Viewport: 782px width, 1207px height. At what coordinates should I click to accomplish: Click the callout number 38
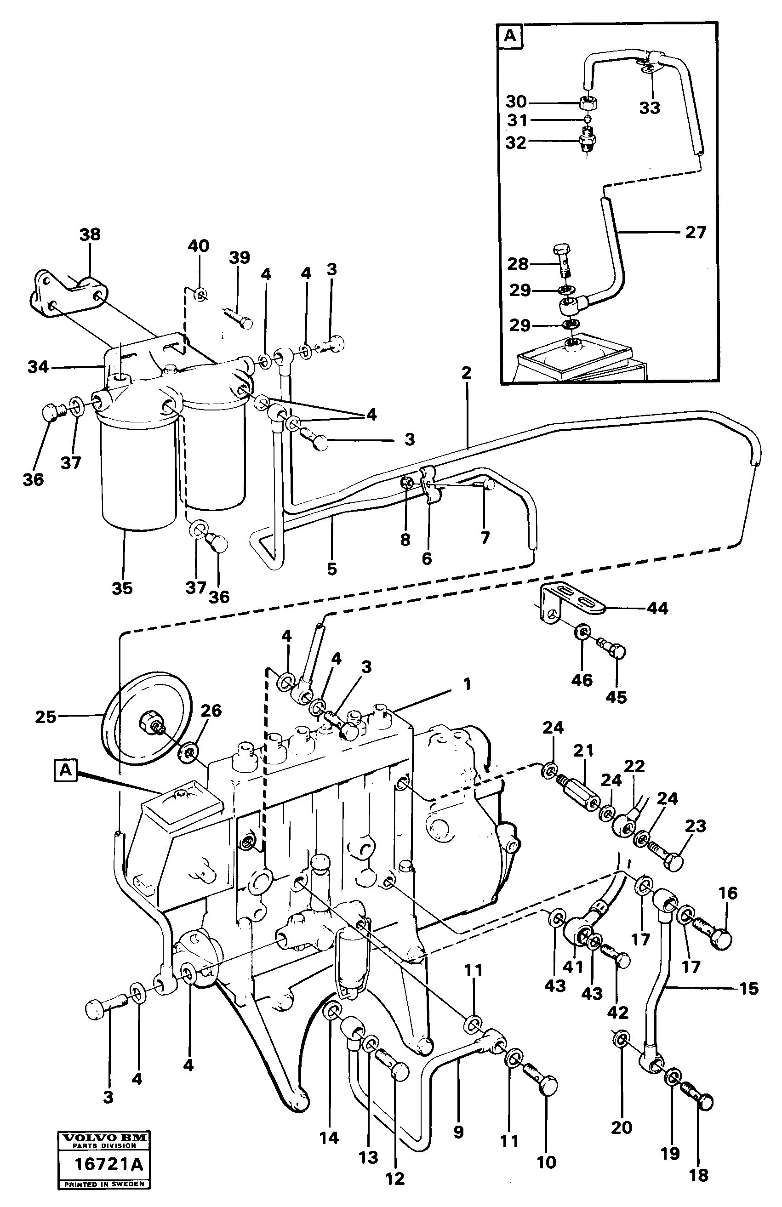[90, 235]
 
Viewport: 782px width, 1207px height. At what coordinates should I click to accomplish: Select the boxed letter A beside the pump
[65, 770]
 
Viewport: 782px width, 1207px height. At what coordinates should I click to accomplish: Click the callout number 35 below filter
[122, 588]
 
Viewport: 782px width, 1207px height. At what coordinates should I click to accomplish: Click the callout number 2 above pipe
[466, 373]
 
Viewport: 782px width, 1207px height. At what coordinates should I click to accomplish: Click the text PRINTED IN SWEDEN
[103, 1184]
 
